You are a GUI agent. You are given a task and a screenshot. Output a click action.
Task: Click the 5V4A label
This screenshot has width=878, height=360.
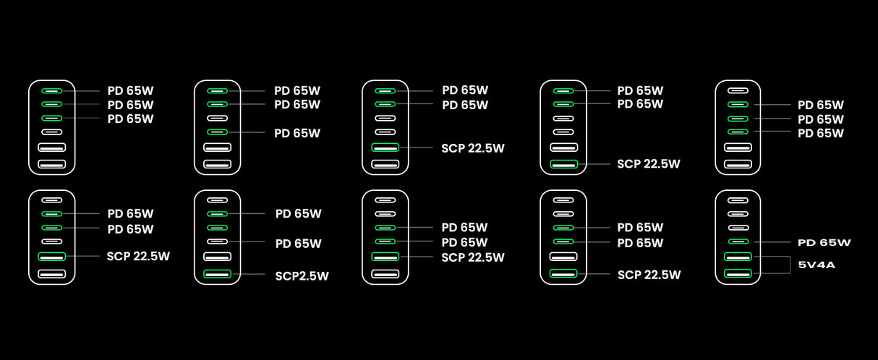coord(817,265)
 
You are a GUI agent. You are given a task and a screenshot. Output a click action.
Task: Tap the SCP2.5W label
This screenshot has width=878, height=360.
coord(302,275)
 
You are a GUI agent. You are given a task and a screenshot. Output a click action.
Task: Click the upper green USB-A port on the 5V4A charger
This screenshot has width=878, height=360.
coord(738,257)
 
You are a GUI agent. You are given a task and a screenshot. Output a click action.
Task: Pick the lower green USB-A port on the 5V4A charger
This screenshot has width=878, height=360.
coord(738,273)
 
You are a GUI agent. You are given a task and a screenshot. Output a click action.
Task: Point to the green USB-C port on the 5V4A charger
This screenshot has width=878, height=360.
coord(738,241)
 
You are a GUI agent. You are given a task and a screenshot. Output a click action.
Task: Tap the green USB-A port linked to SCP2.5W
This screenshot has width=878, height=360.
coord(218,273)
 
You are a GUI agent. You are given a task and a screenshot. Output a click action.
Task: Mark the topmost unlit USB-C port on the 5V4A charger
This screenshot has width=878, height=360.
coord(738,200)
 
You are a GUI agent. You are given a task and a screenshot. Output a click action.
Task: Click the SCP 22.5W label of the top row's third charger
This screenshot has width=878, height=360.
coord(473,148)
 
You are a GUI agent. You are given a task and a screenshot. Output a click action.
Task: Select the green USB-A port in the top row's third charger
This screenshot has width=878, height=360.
coord(385,147)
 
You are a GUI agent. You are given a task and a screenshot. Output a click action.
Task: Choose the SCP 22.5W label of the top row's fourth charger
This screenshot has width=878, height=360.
coord(648,164)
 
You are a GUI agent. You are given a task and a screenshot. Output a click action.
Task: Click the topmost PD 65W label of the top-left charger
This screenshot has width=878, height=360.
coord(130,91)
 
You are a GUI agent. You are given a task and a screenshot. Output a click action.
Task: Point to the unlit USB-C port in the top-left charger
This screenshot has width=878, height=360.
coord(51,132)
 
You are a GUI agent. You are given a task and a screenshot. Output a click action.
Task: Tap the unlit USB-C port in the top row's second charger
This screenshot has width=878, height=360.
coord(218,118)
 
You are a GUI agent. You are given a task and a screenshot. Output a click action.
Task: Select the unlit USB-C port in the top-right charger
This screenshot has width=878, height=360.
coord(738,91)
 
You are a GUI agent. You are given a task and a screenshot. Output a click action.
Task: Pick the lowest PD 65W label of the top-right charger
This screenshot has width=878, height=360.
coord(820,133)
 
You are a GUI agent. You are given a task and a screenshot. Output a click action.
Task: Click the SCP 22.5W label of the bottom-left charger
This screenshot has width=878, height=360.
coord(138,256)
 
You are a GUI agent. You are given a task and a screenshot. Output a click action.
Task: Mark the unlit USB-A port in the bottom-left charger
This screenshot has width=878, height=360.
coord(51,273)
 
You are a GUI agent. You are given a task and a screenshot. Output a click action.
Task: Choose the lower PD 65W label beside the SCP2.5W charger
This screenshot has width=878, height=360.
coord(298,244)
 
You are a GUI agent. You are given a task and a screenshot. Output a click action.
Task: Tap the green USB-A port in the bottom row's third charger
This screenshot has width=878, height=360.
coord(385,257)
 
